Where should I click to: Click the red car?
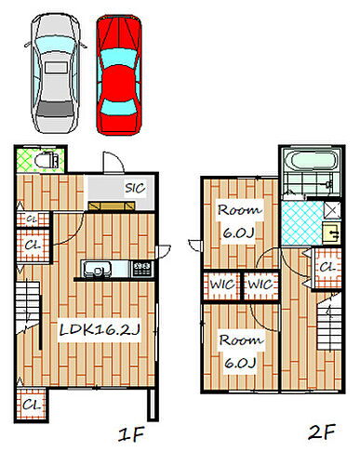pyautogui.click(x=119, y=75)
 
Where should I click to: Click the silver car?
pyautogui.click(x=56, y=73)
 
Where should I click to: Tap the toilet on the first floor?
pyautogui.click(x=46, y=161)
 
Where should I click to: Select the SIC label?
pyautogui.click(x=135, y=188)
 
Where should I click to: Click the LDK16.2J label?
pyautogui.click(x=100, y=330)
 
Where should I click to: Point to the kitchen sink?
pyautogui.click(x=97, y=269)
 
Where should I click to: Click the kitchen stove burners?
pyautogui.click(x=142, y=269)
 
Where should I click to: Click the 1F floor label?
pyautogui.click(x=131, y=434)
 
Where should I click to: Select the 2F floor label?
pyautogui.click(x=322, y=432)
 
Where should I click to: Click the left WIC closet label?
pyautogui.click(x=222, y=285)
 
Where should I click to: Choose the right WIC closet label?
pyautogui.click(x=260, y=285)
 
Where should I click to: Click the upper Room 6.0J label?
pyautogui.click(x=239, y=221)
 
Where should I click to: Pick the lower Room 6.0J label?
pyautogui.click(x=241, y=352)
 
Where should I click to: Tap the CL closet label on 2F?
pyautogui.click(x=327, y=267)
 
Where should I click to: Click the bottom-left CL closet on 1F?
pyautogui.click(x=32, y=405)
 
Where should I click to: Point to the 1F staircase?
pyautogui.click(x=28, y=305)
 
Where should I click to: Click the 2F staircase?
pyautogui.click(x=328, y=324)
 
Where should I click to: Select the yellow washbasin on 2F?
pyautogui.click(x=332, y=233)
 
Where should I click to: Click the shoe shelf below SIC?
pyautogui.click(x=112, y=206)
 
